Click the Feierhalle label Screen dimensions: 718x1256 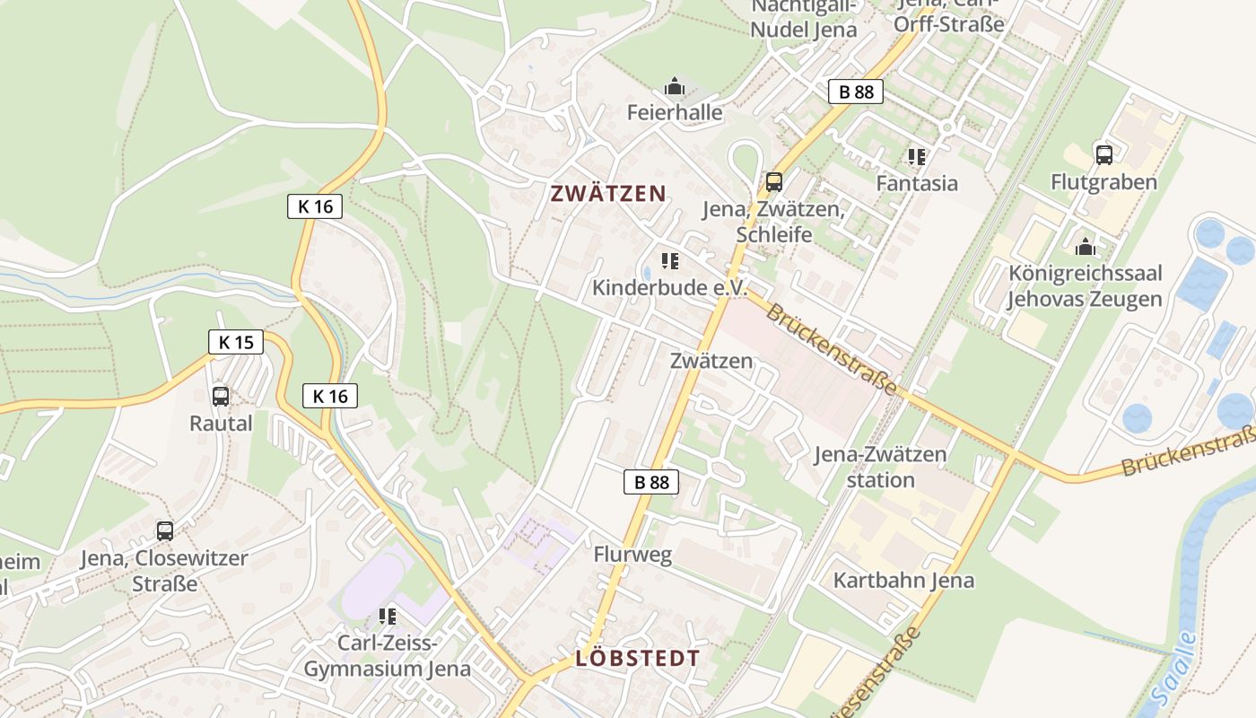click(675, 112)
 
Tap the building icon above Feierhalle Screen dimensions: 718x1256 click(675, 87)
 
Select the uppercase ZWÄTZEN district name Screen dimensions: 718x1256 click(608, 193)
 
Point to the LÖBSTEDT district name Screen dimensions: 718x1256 click(637, 658)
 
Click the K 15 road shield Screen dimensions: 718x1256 click(236, 342)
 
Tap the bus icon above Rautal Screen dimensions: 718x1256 click(221, 396)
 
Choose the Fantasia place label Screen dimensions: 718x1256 click(917, 183)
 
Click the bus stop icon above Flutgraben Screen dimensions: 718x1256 click(1103, 154)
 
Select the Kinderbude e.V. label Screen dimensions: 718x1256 click(669, 287)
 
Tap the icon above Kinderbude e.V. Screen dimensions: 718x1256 click(669, 261)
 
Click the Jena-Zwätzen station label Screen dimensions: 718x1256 click(880, 467)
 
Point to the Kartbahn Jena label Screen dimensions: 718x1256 click(903, 580)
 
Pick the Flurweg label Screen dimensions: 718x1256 click(632, 555)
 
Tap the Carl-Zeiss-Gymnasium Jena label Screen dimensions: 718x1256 click(387, 656)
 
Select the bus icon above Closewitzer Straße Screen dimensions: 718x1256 click(164, 530)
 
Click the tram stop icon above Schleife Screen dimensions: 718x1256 click(773, 182)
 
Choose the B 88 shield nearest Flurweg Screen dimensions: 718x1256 click(651, 482)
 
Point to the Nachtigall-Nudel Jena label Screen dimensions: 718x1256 click(804, 18)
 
